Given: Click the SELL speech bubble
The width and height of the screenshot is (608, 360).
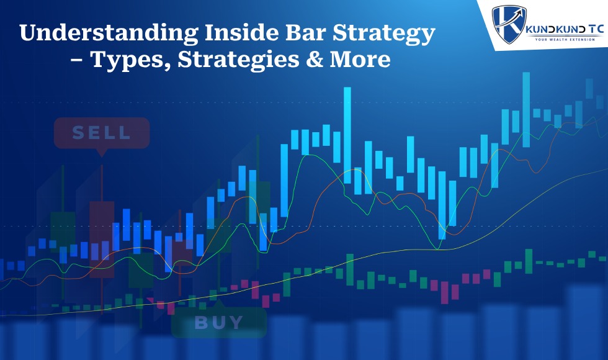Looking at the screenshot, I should coord(101,133).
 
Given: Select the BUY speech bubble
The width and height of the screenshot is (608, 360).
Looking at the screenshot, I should coord(218,322).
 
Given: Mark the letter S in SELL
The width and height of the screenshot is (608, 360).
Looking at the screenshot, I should coord(78,133).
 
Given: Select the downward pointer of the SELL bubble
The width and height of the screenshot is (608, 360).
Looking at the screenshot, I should coord(102,151).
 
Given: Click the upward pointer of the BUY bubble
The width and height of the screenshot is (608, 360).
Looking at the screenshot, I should coord(218,304).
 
